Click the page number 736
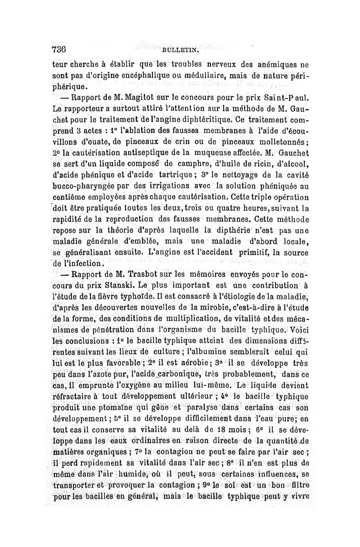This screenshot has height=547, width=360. click(x=59, y=50)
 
